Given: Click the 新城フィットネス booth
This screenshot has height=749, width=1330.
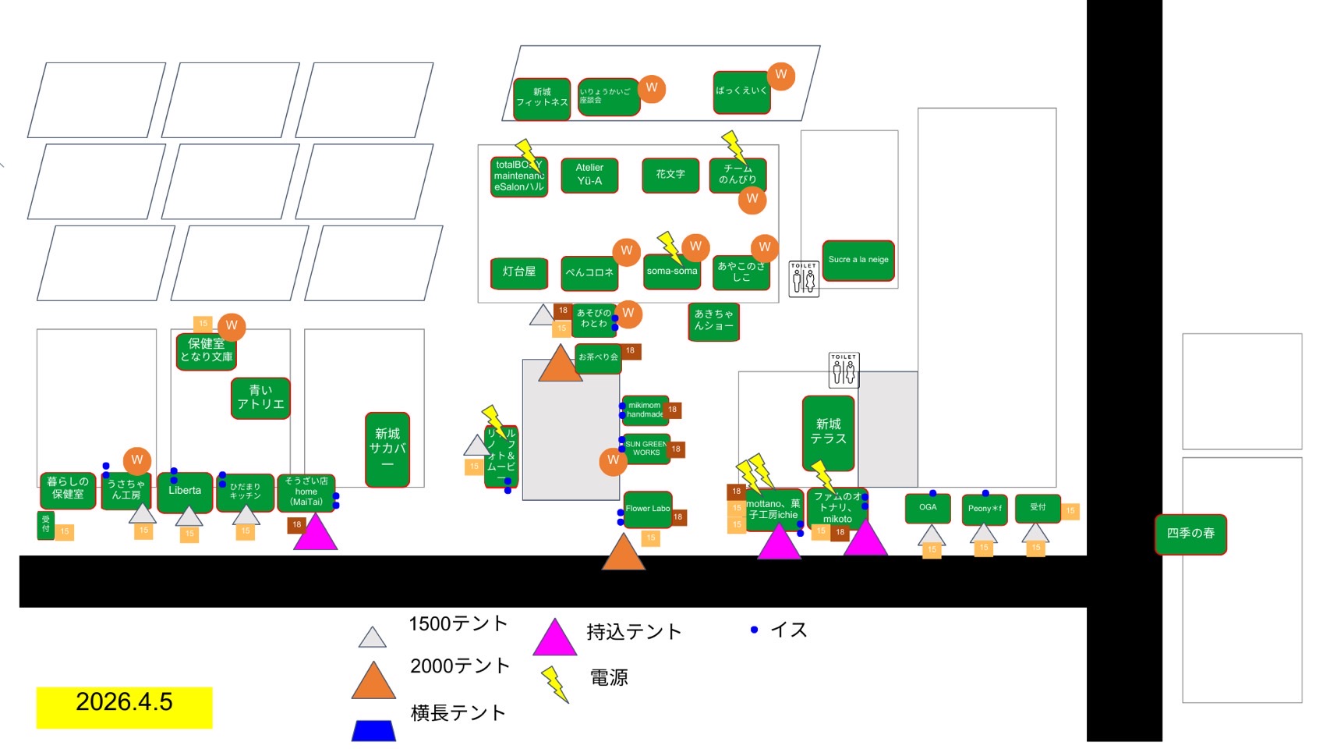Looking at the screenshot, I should click(x=542, y=98).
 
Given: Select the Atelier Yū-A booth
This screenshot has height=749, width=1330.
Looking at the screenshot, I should click(x=589, y=175).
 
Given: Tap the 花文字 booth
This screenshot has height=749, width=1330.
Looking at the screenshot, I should click(x=670, y=175).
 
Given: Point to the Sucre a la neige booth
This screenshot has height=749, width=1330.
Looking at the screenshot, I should click(x=858, y=260).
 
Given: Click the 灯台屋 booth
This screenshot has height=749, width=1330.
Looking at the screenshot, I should click(x=519, y=272).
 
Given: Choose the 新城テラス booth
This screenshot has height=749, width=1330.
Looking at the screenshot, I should click(x=828, y=432).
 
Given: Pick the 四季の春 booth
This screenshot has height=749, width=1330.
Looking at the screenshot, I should click(x=1190, y=534).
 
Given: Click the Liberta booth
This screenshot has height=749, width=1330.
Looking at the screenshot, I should click(x=185, y=492).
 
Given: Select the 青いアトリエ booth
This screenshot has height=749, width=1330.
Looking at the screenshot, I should click(x=260, y=398).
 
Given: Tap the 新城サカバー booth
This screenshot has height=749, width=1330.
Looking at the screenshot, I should click(x=387, y=449).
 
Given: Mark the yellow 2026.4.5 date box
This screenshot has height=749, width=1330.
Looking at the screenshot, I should click(x=124, y=707).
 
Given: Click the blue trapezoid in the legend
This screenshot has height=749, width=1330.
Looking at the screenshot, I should click(x=373, y=730).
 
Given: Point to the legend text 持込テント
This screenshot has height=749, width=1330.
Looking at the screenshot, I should click(x=634, y=632).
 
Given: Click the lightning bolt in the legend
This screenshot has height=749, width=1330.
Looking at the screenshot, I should click(x=554, y=683).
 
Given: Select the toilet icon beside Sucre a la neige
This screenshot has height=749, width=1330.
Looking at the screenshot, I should click(x=803, y=279).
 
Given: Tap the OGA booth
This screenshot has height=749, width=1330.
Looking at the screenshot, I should click(x=928, y=508).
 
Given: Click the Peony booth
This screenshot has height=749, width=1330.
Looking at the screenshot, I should click(x=984, y=509).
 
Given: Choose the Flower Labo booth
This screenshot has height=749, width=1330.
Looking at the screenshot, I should click(x=647, y=509).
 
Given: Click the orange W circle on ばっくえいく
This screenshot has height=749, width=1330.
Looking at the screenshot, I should click(x=780, y=76).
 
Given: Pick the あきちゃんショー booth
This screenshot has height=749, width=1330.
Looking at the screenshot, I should click(x=713, y=321).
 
